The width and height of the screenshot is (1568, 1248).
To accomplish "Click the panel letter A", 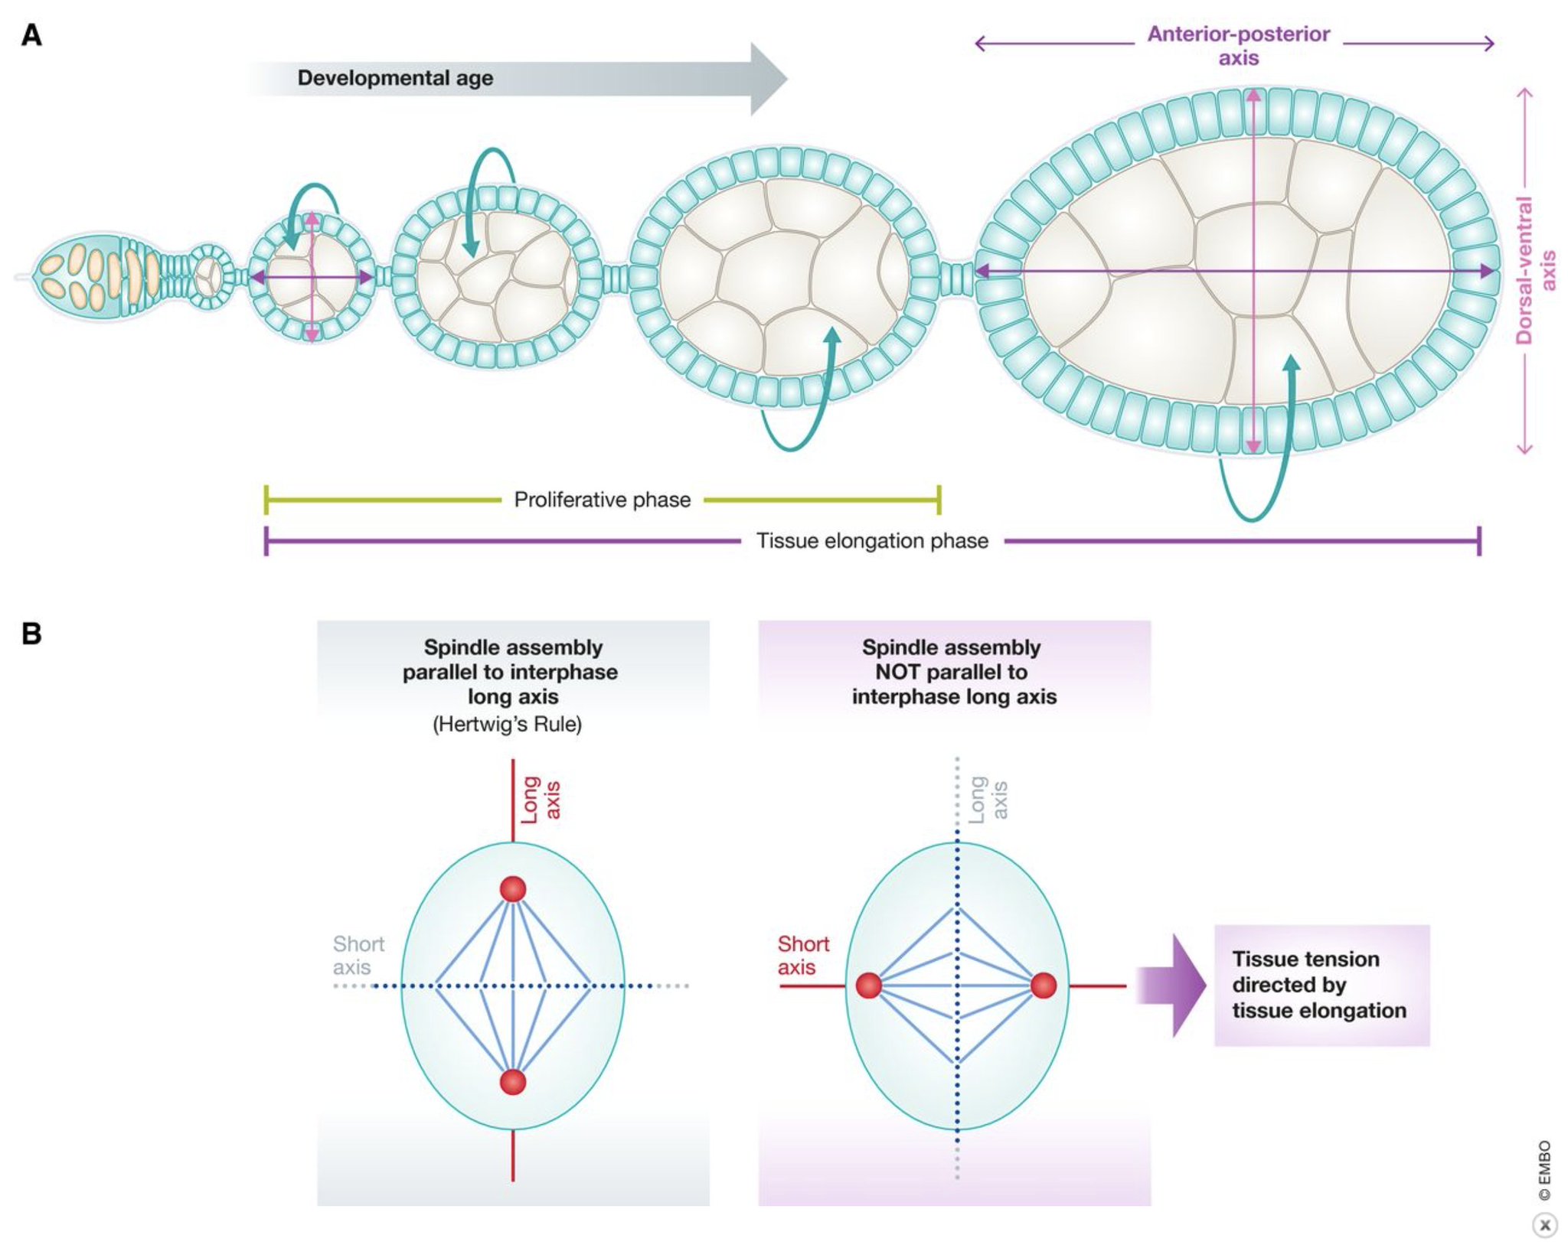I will (31, 35).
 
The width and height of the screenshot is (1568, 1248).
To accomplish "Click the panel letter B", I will (31, 634).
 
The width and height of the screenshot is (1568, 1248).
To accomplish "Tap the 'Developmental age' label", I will (395, 78).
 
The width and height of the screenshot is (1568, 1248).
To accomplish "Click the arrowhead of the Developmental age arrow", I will (767, 79).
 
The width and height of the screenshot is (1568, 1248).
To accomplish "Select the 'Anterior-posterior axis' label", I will (1238, 46).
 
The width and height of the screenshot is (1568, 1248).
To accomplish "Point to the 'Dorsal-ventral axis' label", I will (1535, 270).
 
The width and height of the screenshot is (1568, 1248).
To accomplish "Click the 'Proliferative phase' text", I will (602, 500).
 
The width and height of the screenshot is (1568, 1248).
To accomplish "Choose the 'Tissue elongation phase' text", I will (872, 541).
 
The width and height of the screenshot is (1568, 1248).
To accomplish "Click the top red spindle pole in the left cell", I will (513, 889).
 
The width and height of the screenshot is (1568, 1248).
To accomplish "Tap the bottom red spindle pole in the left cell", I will (513, 1082).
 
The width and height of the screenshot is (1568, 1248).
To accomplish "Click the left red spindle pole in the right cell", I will (868, 986).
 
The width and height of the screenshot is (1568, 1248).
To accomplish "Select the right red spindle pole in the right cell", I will (1044, 986).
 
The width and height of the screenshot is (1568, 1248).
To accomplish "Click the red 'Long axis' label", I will (541, 800).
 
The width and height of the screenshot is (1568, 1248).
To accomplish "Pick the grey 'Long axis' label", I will (988, 800).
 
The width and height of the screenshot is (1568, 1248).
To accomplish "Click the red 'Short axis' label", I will (802, 955).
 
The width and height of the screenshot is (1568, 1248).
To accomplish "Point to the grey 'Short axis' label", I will (358, 955).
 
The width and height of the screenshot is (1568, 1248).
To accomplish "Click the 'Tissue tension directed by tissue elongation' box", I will (1321, 985).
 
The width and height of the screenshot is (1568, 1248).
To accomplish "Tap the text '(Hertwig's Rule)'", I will (507, 724).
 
